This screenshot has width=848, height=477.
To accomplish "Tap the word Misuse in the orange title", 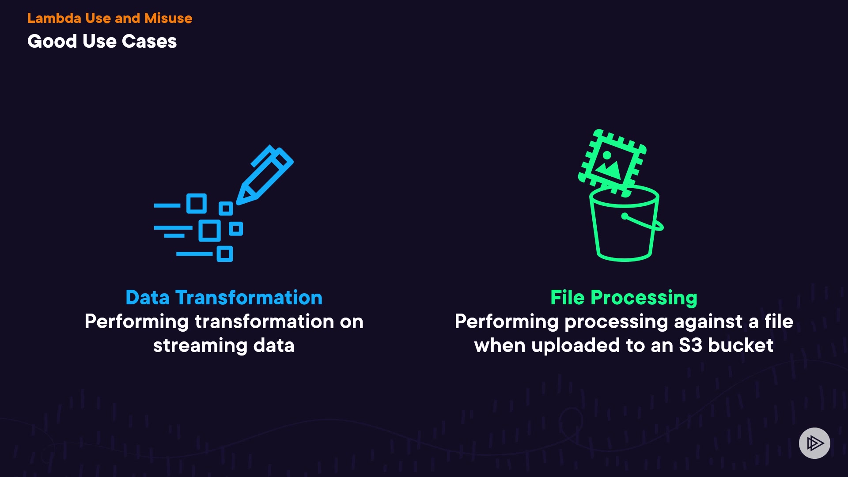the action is [168, 18].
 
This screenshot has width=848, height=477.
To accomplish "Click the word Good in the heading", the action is [52, 42].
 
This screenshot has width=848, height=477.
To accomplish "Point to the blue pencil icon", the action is [265, 174].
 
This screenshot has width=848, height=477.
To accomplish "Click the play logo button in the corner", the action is [814, 443].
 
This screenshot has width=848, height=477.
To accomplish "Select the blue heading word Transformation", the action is [249, 298].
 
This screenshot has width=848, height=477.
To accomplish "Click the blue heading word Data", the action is [148, 298].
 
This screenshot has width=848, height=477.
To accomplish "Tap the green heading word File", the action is [567, 298].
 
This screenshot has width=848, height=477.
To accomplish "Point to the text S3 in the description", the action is [690, 345].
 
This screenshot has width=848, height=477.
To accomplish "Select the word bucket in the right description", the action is [741, 345].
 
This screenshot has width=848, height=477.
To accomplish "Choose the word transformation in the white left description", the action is [264, 322].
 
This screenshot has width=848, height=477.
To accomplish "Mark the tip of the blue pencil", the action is [240, 201].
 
